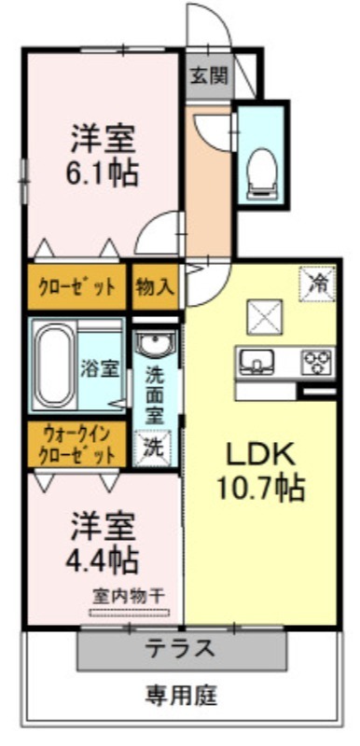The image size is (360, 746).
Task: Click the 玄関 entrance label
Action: [x=209, y=76]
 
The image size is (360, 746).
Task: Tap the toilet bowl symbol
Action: [x=262, y=173]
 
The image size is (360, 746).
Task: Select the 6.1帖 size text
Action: [x=102, y=173]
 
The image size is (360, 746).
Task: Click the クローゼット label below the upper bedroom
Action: [x=76, y=287]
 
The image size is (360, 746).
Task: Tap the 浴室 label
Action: [x=100, y=369]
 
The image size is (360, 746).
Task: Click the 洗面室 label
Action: [x=155, y=394]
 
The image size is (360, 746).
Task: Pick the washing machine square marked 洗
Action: [x=154, y=448]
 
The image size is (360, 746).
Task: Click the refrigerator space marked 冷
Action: [x=317, y=283]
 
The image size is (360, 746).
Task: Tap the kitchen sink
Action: [x=256, y=362]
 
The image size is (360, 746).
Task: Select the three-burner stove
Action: [x=316, y=363]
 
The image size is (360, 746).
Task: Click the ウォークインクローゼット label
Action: [x=76, y=445]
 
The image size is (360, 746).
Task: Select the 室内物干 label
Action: [x=129, y=595]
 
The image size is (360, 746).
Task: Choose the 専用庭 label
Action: [x=181, y=696]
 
